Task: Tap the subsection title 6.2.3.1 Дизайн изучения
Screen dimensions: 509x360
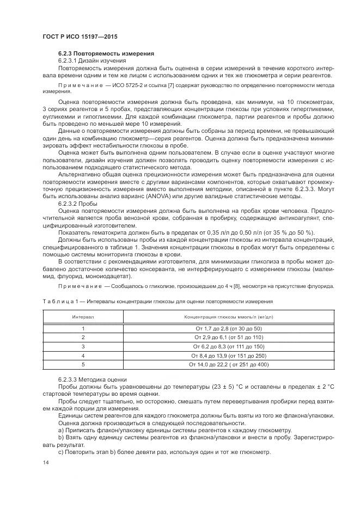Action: (92, 61)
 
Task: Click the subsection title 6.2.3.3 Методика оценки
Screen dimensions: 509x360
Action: (92, 379)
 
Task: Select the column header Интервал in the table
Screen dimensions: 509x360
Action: (83, 317)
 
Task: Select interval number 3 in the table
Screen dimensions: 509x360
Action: (83, 346)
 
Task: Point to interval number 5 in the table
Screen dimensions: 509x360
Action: (83, 364)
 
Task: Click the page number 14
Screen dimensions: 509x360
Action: (45, 462)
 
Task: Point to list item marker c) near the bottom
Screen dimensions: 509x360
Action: (61, 452)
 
